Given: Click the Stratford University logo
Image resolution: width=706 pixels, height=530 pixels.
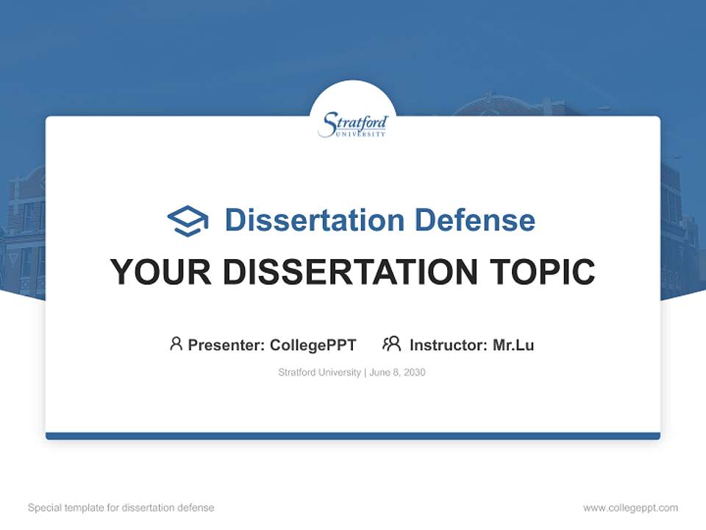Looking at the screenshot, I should [x=353, y=124].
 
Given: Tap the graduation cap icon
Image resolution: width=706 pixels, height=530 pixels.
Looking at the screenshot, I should [x=188, y=221].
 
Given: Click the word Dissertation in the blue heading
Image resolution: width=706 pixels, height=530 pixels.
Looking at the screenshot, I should [x=314, y=220].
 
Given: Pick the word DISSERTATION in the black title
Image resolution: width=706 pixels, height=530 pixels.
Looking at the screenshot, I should [x=349, y=272].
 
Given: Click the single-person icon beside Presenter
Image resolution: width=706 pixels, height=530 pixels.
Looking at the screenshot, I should [x=176, y=344].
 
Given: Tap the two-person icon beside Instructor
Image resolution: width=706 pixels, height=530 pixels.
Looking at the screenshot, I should [x=391, y=344].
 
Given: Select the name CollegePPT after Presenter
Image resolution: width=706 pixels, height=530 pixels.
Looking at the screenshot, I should [x=313, y=344].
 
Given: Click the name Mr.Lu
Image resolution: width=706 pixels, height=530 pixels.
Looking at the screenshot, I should [x=513, y=344].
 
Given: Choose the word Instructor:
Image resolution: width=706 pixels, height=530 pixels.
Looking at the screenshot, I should [x=449, y=344].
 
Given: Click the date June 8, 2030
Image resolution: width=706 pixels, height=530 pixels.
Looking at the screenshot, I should [x=397, y=372].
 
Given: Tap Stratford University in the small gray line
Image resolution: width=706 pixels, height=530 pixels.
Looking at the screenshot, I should [x=319, y=372].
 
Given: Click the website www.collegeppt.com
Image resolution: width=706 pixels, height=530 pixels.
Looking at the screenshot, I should [x=630, y=508].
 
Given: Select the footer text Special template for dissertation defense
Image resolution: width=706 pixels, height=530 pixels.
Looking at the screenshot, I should [x=121, y=508].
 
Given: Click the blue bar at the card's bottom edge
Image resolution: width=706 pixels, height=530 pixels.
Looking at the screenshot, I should [x=353, y=436].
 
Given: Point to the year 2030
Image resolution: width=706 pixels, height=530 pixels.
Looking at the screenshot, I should [x=414, y=372].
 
